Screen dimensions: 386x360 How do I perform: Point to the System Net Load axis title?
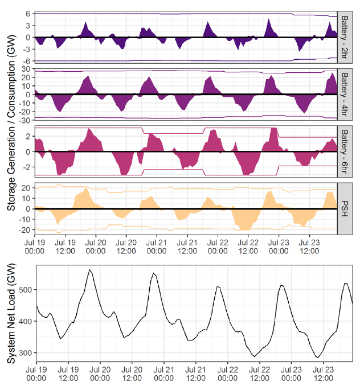point(11,315)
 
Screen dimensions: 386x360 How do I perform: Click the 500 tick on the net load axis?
point(25,290)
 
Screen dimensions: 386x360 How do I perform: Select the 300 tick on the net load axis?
point(25,353)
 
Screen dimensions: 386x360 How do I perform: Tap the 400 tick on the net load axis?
point(25,322)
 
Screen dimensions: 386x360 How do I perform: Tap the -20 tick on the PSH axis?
point(25,229)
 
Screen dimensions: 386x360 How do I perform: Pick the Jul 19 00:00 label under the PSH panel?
point(36,245)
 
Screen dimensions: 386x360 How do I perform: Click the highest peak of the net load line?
point(90,269)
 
